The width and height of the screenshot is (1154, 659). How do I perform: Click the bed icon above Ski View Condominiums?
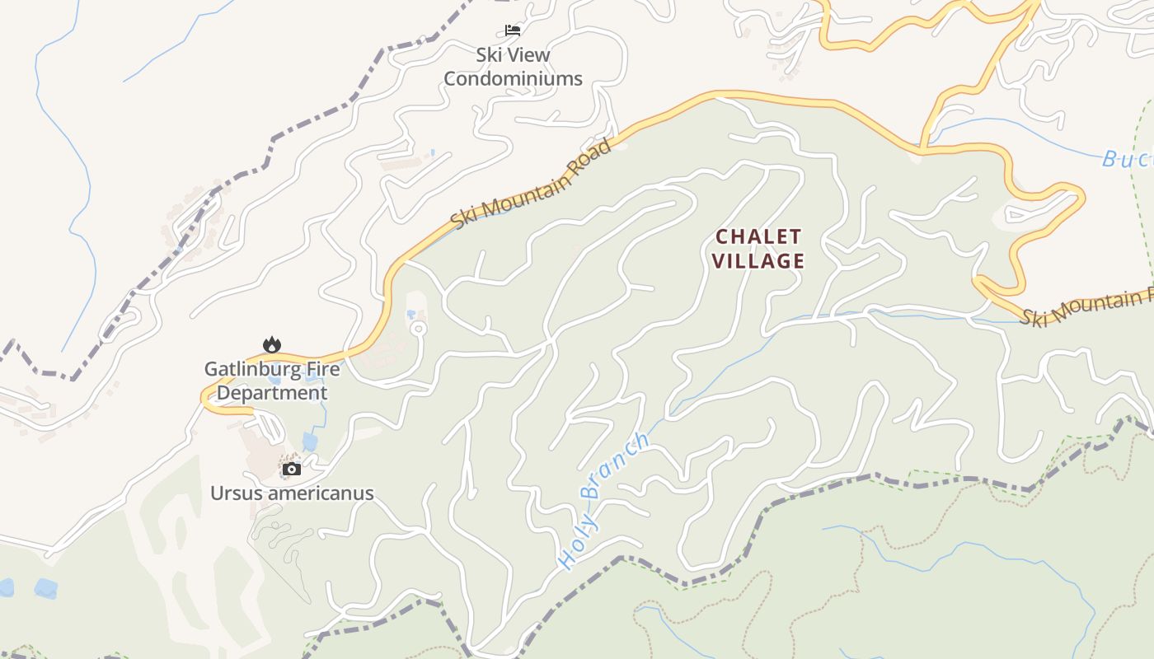point(513,30)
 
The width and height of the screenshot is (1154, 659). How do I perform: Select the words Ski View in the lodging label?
point(513,55)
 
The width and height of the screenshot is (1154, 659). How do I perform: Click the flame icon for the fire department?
point(271,344)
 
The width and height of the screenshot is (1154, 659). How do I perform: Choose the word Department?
point(272,393)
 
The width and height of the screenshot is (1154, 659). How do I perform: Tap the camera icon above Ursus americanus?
point(291,470)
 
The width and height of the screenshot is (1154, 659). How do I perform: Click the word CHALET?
point(758,237)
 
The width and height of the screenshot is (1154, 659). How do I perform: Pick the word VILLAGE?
point(758,261)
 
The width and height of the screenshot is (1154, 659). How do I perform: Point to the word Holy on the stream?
point(578,546)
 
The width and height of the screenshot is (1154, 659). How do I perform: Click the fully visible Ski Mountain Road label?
point(532,185)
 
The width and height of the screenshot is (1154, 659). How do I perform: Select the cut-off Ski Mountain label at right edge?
point(1086,307)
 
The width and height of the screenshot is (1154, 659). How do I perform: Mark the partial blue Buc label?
point(1127,159)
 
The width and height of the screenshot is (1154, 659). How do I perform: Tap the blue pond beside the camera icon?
point(310,442)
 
